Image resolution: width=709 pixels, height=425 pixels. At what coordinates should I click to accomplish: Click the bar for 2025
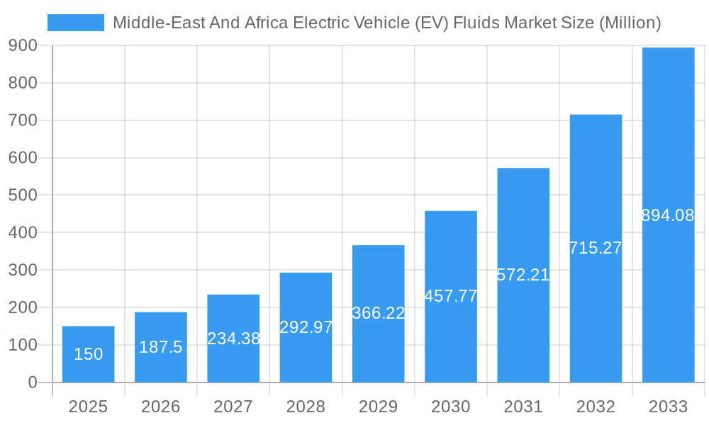click(88, 354)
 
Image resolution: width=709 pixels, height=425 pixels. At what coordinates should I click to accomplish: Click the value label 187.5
click(161, 347)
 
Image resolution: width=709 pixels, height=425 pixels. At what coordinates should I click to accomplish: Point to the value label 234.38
click(233, 339)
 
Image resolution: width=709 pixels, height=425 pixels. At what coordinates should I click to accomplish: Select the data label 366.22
click(379, 313)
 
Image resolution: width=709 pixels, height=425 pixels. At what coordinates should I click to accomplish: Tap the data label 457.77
click(451, 296)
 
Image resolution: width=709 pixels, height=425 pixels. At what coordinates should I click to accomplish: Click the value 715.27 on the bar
click(596, 248)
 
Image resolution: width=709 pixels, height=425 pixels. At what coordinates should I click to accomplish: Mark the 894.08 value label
click(668, 215)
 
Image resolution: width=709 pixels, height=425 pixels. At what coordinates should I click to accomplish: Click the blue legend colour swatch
click(75, 23)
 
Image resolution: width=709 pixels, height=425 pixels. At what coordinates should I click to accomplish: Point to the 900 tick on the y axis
click(23, 46)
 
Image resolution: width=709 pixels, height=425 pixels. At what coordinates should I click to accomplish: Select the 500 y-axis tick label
click(23, 195)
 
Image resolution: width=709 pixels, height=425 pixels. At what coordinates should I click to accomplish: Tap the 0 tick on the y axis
click(32, 382)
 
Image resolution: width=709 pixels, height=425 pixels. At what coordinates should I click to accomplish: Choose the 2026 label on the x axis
click(161, 407)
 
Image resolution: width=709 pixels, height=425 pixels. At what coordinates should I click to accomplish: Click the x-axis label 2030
click(451, 407)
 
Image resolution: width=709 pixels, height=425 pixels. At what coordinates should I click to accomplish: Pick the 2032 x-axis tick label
click(596, 407)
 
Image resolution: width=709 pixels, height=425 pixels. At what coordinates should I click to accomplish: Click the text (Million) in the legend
click(630, 23)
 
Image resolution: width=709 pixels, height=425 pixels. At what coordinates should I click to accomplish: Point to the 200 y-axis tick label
click(23, 307)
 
